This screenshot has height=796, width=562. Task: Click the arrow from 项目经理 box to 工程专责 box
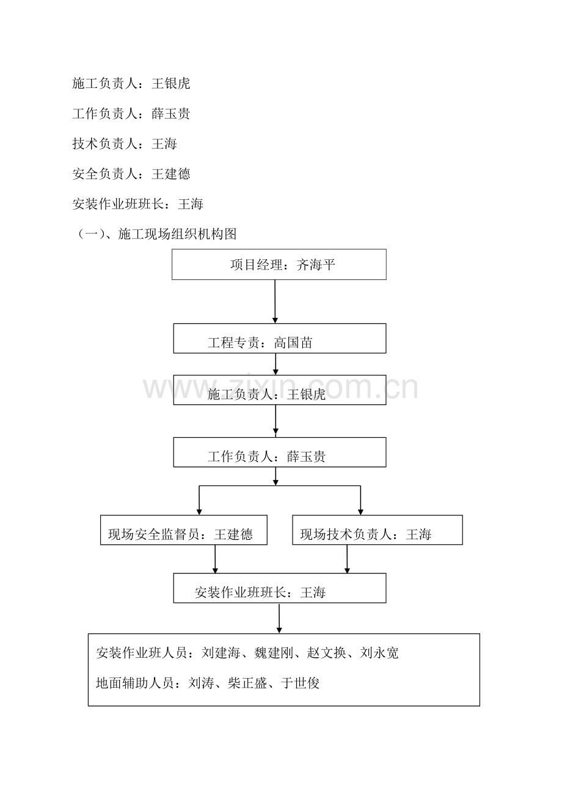(x=275, y=301)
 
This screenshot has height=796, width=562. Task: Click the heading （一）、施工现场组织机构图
(x=156, y=234)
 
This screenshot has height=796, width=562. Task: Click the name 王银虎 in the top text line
(x=171, y=84)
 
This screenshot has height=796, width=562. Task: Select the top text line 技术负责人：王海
(x=125, y=144)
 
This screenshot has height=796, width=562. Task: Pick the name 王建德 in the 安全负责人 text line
(x=171, y=174)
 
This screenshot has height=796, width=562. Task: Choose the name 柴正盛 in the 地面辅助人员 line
(x=247, y=683)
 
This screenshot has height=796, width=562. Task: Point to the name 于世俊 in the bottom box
(x=301, y=683)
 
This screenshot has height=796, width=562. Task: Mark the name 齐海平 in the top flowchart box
(x=316, y=265)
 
